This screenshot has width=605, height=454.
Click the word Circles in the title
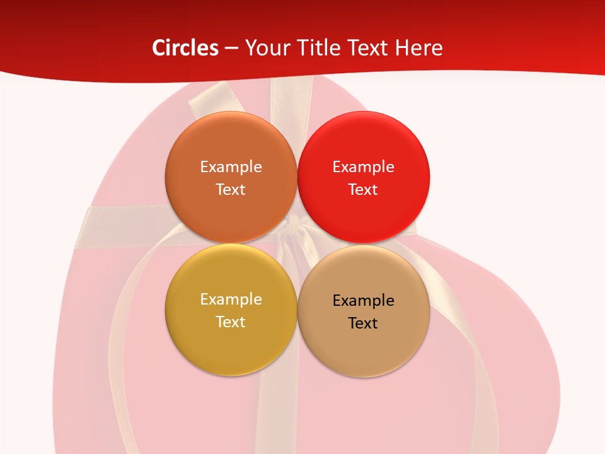tap(185, 48)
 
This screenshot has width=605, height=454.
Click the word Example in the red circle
tap(364, 167)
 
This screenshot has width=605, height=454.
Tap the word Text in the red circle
tap(363, 190)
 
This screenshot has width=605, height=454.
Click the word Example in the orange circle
tap(231, 167)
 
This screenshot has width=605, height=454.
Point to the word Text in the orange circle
tap(231, 190)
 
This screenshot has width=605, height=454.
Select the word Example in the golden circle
tap(231, 300)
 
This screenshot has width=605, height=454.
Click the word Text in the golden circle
tap(231, 322)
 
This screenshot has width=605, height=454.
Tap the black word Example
tap(364, 301)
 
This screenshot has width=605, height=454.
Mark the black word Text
tap(363, 323)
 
